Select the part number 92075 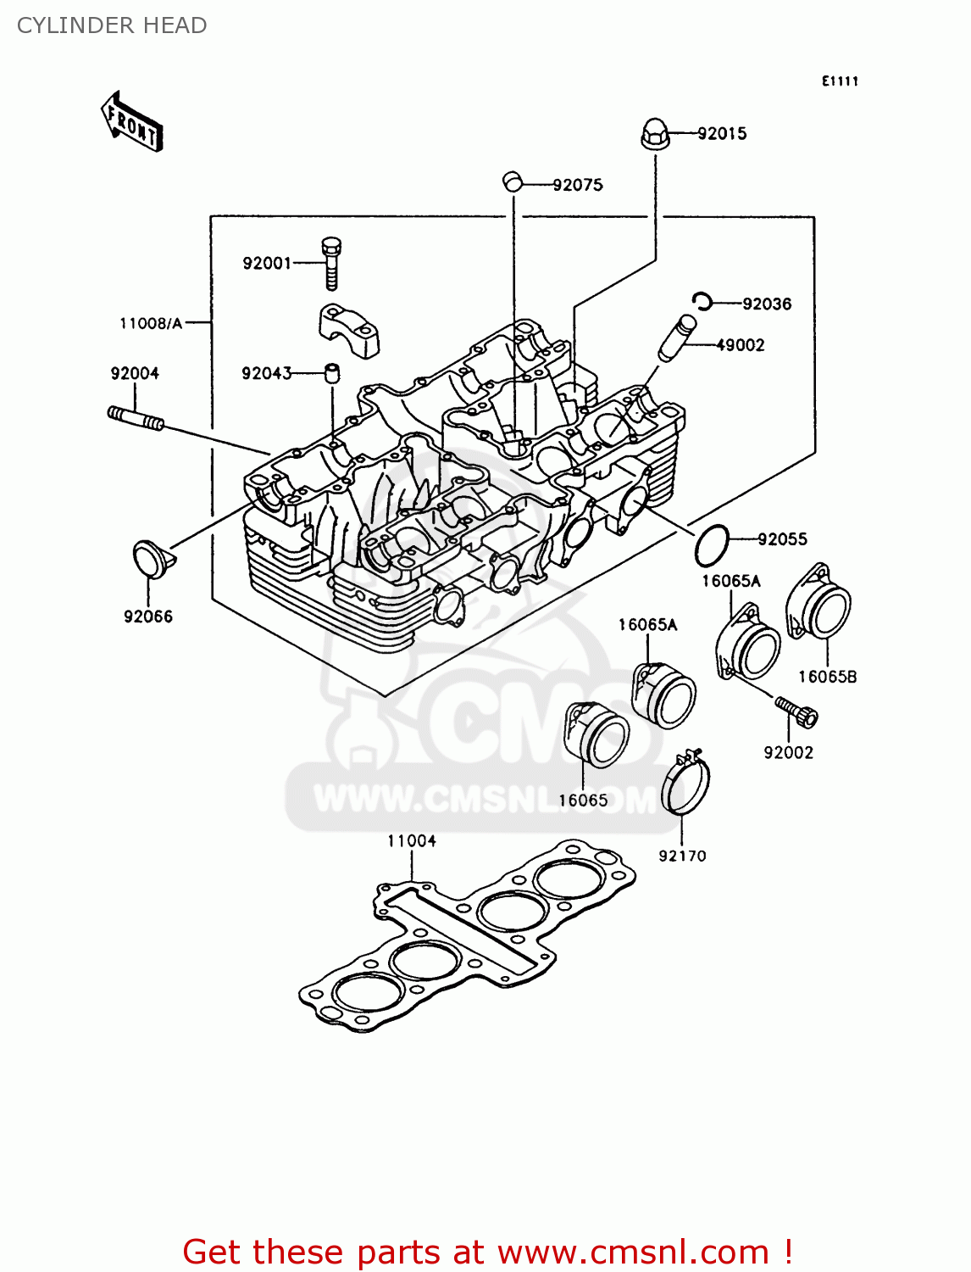click(578, 185)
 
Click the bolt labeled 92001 click(331, 263)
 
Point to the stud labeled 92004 click(135, 416)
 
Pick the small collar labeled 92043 click(331, 373)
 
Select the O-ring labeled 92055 click(711, 545)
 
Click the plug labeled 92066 click(151, 559)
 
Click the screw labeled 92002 click(796, 712)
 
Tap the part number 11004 click(412, 841)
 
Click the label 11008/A click(151, 323)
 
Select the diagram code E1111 click(840, 81)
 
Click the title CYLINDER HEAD click(112, 25)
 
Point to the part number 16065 click(583, 801)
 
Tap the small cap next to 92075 click(511, 181)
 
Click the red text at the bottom click(487, 1252)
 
